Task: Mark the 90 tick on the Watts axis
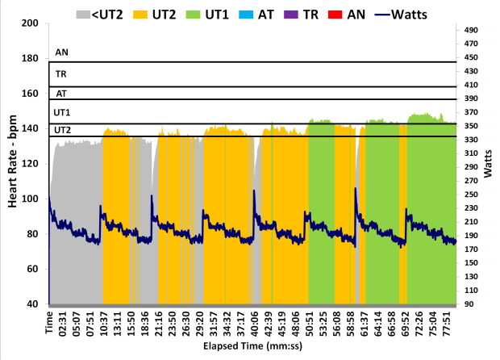point(471,304)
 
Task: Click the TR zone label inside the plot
point(60,73)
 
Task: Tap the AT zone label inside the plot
point(60,94)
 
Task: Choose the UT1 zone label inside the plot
point(62,112)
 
